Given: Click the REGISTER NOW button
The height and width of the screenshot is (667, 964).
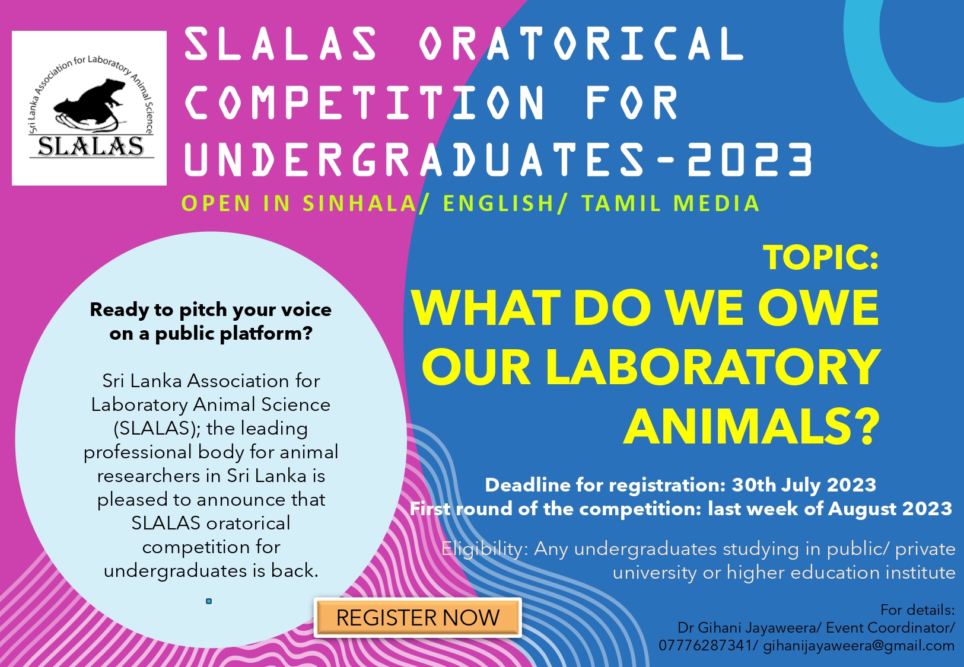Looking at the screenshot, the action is (x=418, y=618).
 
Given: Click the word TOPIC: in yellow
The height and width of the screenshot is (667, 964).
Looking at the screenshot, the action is (x=821, y=257).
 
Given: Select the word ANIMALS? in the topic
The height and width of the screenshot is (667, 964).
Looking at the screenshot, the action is (x=752, y=426).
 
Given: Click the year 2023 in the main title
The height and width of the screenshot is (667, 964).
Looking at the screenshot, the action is (x=750, y=159).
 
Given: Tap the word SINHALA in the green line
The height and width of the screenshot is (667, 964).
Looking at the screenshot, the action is (x=359, y=203).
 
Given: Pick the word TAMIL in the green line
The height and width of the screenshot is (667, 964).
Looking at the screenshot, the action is (x=622, y=203).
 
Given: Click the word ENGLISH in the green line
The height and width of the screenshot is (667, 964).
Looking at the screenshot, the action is (x=498, y=203).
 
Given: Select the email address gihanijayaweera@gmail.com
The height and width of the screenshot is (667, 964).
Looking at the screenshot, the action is (x=858, y=646).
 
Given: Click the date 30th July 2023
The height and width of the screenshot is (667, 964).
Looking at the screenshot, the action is (x=804, y=485).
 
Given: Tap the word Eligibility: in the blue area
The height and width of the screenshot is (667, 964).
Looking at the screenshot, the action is (x=485, y=549).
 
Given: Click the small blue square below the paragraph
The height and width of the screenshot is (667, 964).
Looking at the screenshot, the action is (x=209, y=601).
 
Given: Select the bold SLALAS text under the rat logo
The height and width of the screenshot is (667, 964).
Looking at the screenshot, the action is (x=91, y=146).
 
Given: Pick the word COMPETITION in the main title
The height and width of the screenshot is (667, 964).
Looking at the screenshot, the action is (x=364, y=102).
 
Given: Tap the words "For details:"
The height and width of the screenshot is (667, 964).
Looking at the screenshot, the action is (x=918, y=610).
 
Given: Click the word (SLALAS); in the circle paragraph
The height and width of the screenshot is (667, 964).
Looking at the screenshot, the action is (x=157, y=429).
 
